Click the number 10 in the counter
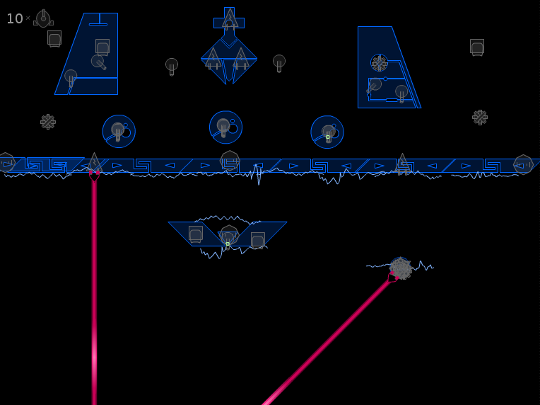click(14, 18)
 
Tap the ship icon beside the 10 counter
click(43, 18)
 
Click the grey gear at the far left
click(48, 122)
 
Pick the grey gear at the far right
click(480, 118)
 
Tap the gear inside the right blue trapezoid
click(379, 63)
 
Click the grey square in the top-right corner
click(477, 47)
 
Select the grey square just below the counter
click(54, 39)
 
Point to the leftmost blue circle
click(119, 132)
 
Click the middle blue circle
click(225, 127)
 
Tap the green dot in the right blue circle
click(328, 137)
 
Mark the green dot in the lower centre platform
click(228, 244)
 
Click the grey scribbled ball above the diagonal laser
click(401, 268)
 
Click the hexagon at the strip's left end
click(6, 162)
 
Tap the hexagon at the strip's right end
click(524, 164)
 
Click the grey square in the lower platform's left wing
click(196, 234)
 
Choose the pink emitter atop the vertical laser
click(94, 176)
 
